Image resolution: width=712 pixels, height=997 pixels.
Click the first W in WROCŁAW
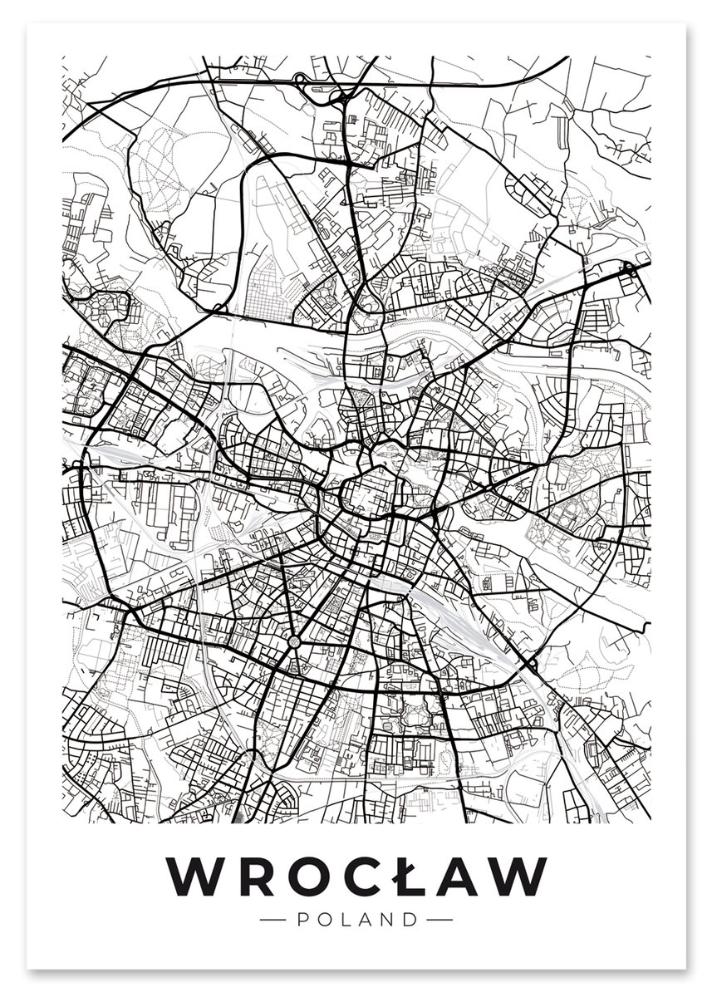195,876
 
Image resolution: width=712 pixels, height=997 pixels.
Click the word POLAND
356,920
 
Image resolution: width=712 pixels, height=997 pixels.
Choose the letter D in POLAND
410,920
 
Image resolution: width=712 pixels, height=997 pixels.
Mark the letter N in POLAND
388,920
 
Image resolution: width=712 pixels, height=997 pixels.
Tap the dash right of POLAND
439,920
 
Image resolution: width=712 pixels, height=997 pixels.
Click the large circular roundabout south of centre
295,641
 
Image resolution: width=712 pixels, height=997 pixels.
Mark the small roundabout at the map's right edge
629,268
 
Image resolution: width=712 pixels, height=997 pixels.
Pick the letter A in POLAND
366,920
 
